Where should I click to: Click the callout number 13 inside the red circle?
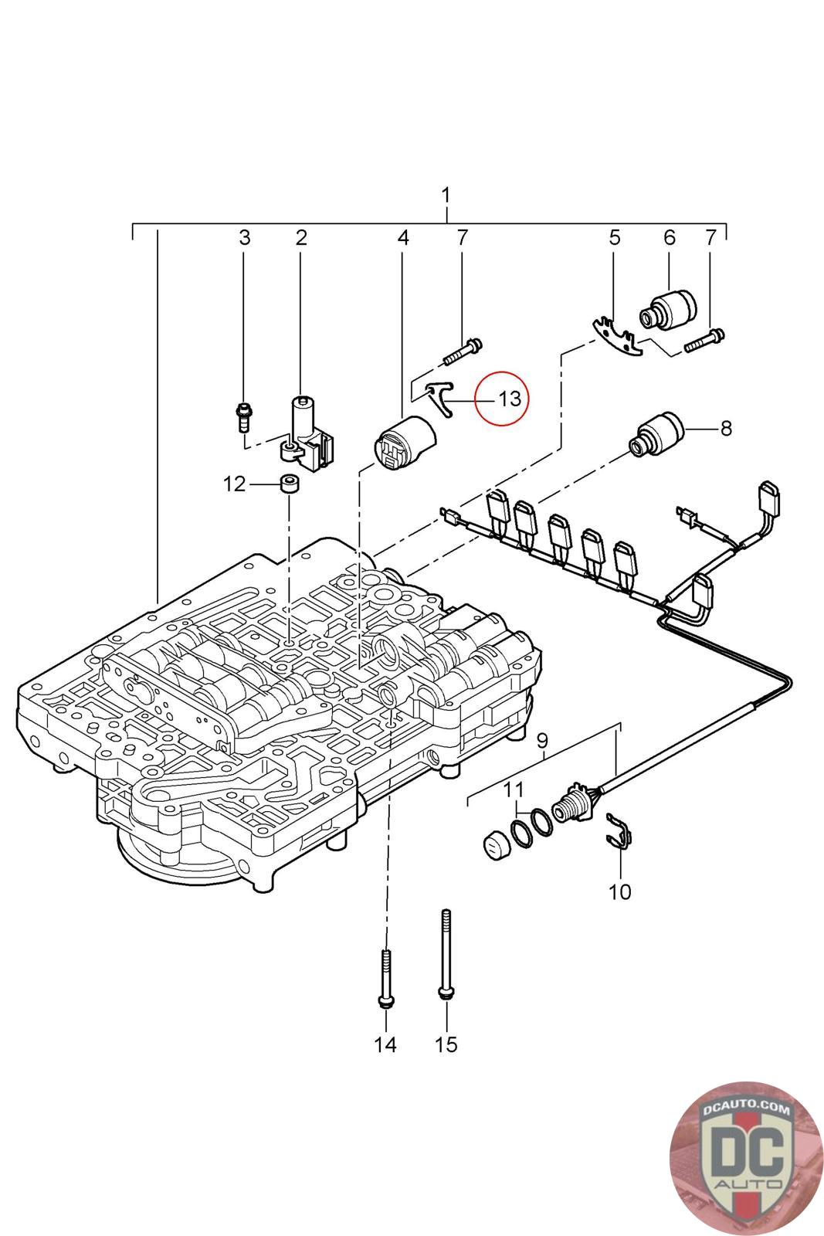[509, 399]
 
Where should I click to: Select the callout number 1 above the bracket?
[446, 195]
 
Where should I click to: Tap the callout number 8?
[726, 428]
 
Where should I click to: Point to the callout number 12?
[234, 484]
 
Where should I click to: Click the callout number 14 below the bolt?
[385, 1044]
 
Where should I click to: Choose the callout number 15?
[446, 1044]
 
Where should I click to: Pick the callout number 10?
[619, 892]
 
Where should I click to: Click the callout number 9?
[542, 740]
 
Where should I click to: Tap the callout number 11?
[514, 790]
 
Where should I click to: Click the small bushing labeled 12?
[290, 484]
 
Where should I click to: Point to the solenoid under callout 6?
[667, 310]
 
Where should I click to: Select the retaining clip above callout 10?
[619, 830]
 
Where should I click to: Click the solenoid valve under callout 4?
[405, 443]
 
